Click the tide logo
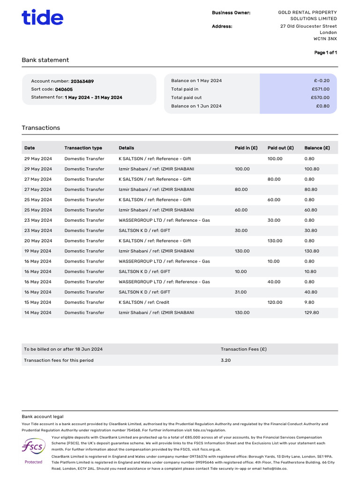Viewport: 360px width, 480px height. point(42,17)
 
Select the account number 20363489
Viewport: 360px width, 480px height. point(82,81)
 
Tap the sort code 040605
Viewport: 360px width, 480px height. point(64,89)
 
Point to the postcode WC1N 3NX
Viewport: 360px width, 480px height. point(326,39)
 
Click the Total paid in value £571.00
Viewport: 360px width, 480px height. point(321,89)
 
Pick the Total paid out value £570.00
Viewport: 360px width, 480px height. point(320,97)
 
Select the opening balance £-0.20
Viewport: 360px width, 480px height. point(322,81)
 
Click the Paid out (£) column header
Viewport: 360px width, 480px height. point(280,148)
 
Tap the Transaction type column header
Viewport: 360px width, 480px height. point(83,148)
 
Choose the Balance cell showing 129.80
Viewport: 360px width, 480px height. point(311,313)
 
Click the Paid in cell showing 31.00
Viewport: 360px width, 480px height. point(240,292)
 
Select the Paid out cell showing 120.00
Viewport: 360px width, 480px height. point(275,302)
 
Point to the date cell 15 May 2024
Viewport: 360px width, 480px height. point(38,302)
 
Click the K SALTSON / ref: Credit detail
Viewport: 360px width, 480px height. point(144,302)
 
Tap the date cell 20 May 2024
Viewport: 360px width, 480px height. point(38,241)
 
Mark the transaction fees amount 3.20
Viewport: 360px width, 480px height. point(225,360)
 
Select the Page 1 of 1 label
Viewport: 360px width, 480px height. point(325,52)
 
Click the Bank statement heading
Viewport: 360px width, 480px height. point(45,60)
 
